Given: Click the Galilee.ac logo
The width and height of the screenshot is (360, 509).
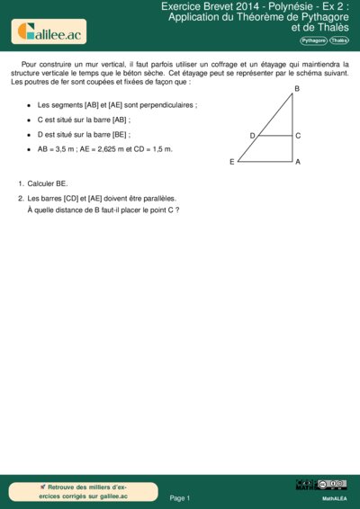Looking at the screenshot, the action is (51, 32).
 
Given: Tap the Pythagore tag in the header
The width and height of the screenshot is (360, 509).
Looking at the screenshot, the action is (313, 40).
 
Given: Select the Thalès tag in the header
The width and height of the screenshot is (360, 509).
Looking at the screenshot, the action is (339, 40).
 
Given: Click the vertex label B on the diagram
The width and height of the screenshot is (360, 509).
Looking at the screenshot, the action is (297, 88).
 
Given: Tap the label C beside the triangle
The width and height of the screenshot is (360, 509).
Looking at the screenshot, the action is (298, 135).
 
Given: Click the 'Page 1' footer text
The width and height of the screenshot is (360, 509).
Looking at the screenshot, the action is (180, 497).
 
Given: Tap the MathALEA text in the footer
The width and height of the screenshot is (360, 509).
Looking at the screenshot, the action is (335, 497).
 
